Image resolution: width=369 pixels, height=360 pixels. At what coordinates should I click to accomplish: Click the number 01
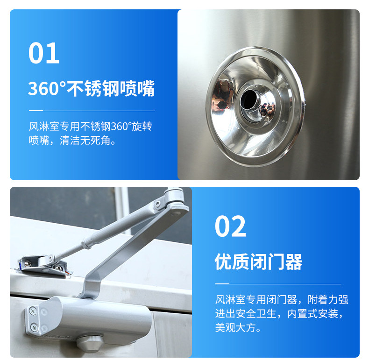pos(44,53)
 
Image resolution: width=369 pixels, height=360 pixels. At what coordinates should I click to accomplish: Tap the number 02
pos(230,226)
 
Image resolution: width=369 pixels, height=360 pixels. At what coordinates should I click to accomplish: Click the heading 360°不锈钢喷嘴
pos(91,88)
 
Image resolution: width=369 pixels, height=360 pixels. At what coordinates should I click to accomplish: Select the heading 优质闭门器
pos(258,261)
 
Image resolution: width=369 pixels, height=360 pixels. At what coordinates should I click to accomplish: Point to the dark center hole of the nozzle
pos(249,100)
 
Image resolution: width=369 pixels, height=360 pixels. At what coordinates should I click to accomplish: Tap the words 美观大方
pos(235,327)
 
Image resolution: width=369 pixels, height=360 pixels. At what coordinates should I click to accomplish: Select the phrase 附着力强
pos(328,299)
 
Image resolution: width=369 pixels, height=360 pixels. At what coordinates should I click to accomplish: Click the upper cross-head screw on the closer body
pos(33,311)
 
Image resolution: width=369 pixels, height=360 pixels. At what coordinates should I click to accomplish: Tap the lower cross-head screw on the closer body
pos(34,327)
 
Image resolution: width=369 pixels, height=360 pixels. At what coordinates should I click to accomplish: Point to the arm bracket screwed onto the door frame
pos(44,265)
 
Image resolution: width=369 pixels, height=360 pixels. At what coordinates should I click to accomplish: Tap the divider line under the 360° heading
pos(92,110)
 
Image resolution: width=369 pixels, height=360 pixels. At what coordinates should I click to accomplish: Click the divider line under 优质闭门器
pos(278,284)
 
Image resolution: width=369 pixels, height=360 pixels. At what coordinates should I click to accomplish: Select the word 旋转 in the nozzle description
pos(142,127)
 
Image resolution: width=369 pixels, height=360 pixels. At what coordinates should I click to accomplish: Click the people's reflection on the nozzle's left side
pos(222,95)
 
